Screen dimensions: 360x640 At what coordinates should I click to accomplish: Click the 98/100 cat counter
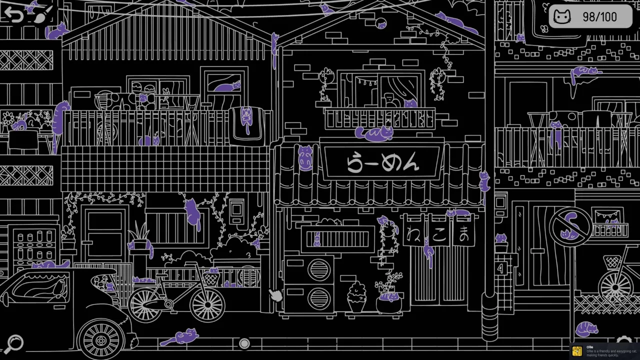590,17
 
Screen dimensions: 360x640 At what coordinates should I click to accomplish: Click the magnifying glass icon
15,343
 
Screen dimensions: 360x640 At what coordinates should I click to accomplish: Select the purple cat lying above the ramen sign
374,133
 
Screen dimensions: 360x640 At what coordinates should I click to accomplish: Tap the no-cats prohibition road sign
570,226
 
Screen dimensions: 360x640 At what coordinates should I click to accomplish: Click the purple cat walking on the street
180,337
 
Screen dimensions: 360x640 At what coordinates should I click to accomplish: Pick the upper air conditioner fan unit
319,270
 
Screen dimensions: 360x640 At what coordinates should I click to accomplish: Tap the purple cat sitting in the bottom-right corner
587,329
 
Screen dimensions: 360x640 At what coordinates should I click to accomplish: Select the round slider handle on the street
244,343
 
